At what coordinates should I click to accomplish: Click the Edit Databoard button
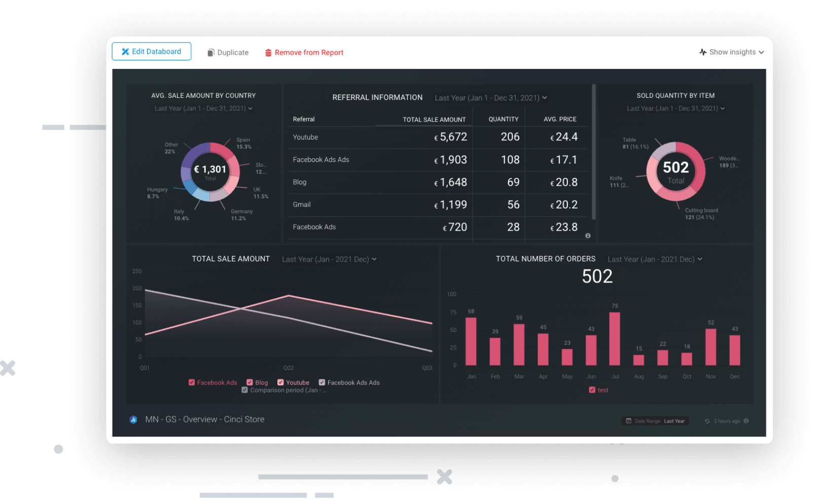tap(151, 52)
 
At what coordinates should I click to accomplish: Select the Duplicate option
tap(228, 53)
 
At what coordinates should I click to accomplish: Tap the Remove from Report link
tap(304, 53)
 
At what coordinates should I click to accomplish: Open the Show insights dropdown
tap(731, 52)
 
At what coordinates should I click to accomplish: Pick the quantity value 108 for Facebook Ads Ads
tap(510, 160)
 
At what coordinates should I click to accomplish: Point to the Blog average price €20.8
tap(564, 182)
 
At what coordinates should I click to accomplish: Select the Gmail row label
tap(302, 204)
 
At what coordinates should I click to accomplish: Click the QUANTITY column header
tap(503, 119)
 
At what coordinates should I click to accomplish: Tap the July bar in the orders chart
tap(615, 339)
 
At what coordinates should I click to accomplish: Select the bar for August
tap(639, 360)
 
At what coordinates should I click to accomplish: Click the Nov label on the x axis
tap(710, 377)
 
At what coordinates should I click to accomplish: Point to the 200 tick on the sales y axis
tap(137, 289)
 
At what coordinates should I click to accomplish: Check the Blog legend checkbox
tap(250, 382)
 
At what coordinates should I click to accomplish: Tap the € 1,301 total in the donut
tap(210, 169)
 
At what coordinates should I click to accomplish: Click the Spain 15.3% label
tap(243, 143)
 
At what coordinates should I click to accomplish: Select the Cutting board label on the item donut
tap(701, 210)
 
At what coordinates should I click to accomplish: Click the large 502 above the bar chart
tap(597, 276)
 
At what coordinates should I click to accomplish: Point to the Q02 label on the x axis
tap(288, 368)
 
